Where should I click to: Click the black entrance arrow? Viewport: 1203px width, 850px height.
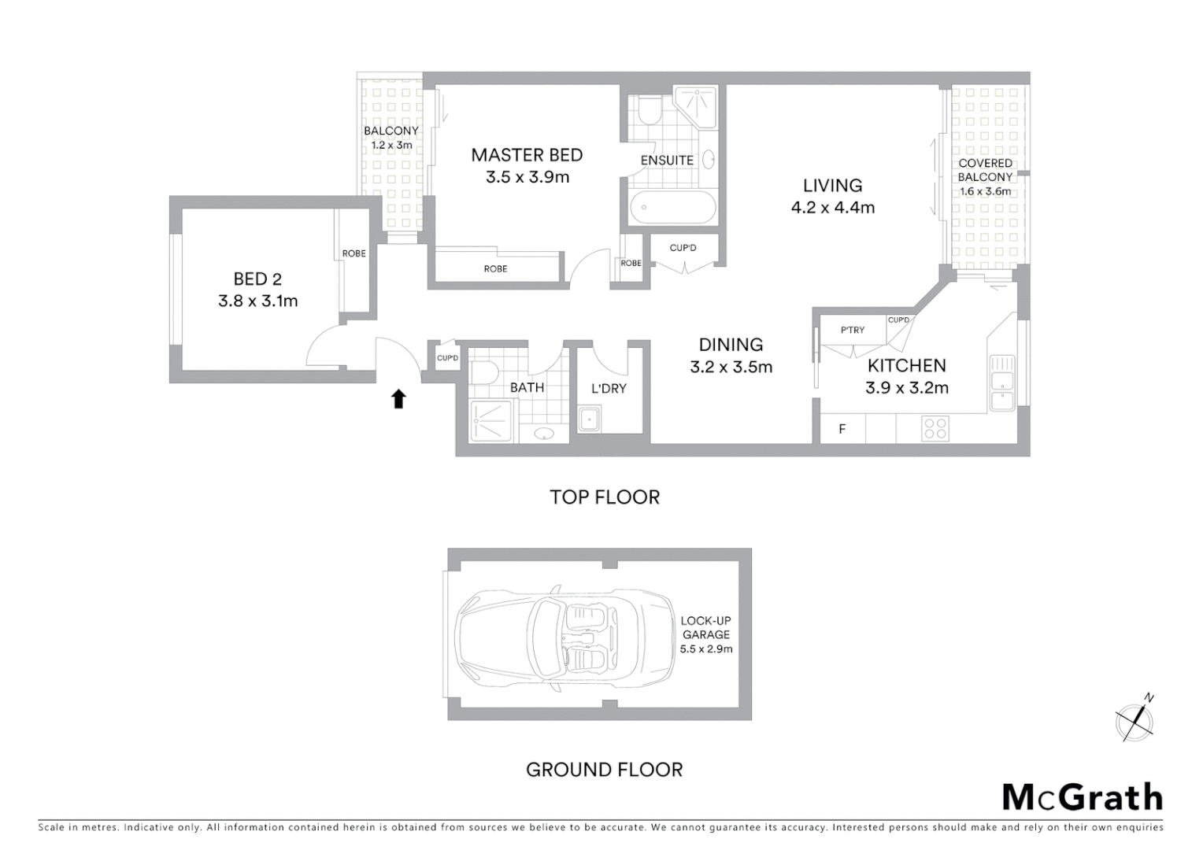[x=398, y=399]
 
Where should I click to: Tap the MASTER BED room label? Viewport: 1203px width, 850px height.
[x=527, y=155]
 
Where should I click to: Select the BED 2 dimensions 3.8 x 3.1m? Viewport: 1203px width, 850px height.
[x=257, y=301]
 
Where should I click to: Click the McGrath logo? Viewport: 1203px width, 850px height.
[x=1082, y=797]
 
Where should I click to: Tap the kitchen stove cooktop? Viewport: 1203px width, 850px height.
[x=935, y=429]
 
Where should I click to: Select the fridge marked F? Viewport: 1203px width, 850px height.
[x=842, y=429]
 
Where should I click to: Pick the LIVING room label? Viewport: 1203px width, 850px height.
[x=832, y=186]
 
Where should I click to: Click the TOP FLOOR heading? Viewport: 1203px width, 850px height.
[x=604, y=497]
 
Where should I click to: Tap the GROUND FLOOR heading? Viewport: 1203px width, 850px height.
[x=604, y=770]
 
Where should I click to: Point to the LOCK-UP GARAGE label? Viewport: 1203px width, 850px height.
[x=705, y=628]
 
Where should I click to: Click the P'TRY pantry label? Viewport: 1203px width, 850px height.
[x=852, y=331]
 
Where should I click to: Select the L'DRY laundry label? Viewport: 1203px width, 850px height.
[x=609, y=388]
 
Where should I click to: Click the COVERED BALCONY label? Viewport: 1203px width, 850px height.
[x=985, y=170]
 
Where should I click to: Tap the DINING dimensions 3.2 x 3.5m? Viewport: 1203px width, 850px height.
[x=731, y=367]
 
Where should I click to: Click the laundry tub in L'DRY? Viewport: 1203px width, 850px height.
[x=589, y=419]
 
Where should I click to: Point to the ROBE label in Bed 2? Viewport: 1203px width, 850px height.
[x=353, y=253]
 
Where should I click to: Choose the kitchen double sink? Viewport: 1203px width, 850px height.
[x=1001, y=382]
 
